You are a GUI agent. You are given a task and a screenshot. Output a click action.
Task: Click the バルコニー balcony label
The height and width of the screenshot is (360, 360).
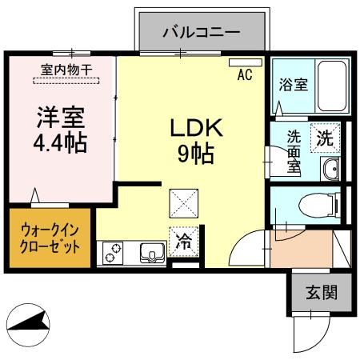tap(202, 33)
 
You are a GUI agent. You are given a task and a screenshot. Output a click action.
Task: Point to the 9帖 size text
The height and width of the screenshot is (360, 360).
tap(194, 153)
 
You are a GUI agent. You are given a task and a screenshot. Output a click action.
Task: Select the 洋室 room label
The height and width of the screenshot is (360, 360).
tap(60, 118)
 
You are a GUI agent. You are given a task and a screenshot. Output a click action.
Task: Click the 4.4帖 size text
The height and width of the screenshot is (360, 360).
tap(60, 144)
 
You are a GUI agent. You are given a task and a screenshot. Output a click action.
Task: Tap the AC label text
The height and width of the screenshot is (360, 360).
tap(246, 78)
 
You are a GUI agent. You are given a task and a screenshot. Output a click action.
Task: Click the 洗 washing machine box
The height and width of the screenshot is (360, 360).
tap(324, 137)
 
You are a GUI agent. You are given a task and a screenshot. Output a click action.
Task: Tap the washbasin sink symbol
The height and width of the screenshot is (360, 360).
tap(330, 167)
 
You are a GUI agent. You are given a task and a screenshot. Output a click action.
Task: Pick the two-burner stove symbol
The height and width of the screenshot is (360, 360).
tap(111, 254)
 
